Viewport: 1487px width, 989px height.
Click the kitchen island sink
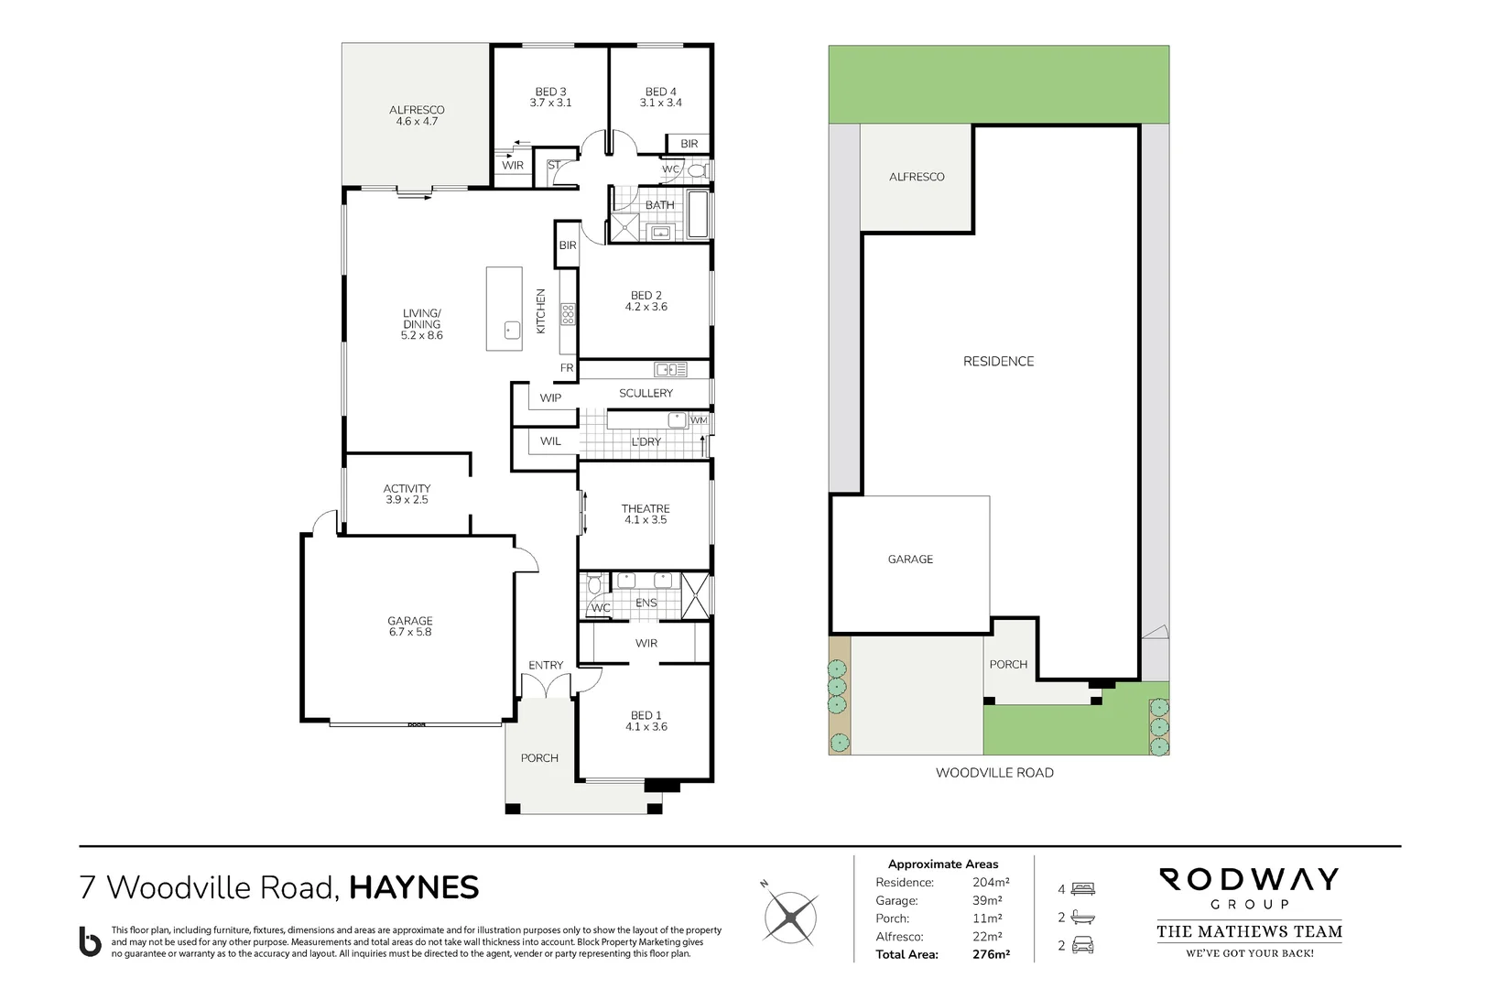pyautogui.click(x=512, y=330)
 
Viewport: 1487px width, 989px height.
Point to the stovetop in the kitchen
pyautogui.click(x=569, y=314)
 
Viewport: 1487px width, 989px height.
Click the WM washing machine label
pyautogui.click(x=699, y=420)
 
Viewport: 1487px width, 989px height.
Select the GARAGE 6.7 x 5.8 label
pyautogui.click(x=409, y=626)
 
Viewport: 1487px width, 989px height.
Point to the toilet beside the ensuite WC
pyautogui.click(x=593, y=584)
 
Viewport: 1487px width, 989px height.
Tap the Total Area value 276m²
pyautogui.click(x=991, y=954)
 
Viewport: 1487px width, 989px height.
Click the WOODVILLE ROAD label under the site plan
pyautogui.click(x=994, y=773)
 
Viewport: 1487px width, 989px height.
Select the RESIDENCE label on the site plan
pyautogui.click(x=998, y=362)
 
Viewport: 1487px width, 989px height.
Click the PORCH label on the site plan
pyautogui.click(x=1008, y=665)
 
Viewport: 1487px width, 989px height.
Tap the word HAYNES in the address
pyautogui.click(x=414, y=887)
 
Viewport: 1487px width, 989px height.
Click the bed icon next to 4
pyautogui.click(x=1082, y=889)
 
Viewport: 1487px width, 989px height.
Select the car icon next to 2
pyautogui.click(x=1082, y=946)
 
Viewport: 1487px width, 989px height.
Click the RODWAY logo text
pyautogui.click(x=1250, y=880)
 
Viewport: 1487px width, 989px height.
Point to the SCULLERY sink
pyautogui.click(x=671, y=370)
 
